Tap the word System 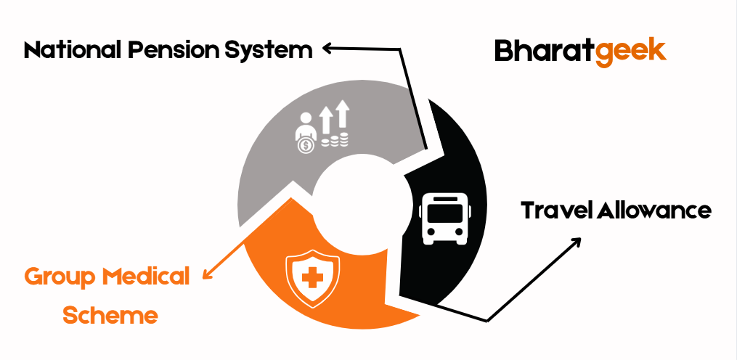[270, 51]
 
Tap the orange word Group [60, 277]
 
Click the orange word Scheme [110, 316]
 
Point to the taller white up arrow [343, 115]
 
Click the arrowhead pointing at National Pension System [327, 49]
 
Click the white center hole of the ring [356, 197]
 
